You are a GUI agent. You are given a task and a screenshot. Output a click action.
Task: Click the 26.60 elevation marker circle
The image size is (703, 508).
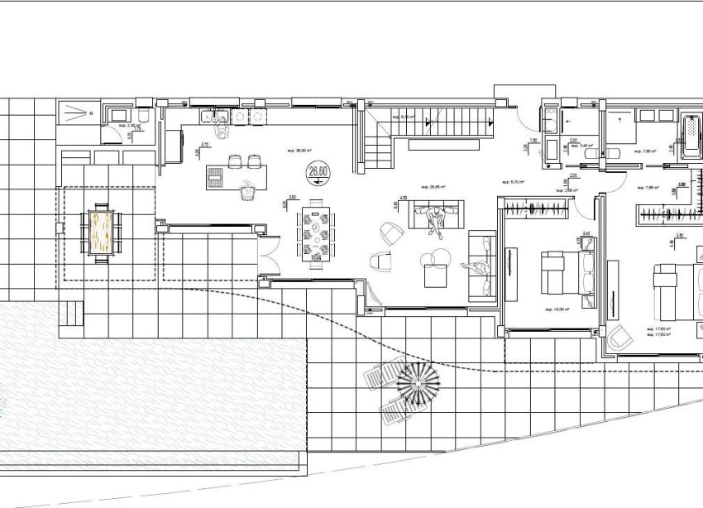tap(317, 172)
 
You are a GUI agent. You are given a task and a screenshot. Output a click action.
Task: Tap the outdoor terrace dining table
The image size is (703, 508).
tap(103, 232)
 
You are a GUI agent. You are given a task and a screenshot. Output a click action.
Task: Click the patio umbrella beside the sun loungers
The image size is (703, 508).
tap(418, 384)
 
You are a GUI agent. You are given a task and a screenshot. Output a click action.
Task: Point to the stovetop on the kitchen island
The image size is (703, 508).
tap(215, 175)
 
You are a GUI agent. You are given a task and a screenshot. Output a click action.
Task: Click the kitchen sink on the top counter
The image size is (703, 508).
tap(220, 117)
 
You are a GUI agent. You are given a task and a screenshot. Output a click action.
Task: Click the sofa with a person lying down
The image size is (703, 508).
tap(481, 265)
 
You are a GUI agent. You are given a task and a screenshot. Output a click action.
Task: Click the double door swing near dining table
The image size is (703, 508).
tap(270, 252)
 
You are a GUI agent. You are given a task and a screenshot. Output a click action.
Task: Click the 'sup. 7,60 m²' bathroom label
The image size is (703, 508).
tap(643, 151)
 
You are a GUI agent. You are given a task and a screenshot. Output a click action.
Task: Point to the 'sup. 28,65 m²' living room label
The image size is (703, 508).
tap(433, 187)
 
